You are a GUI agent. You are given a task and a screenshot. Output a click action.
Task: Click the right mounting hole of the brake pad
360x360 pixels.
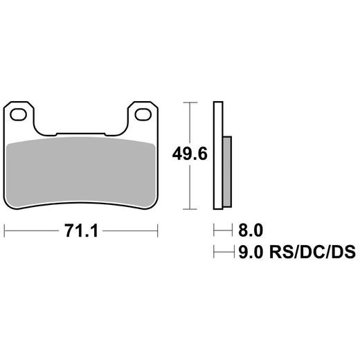[145, 112]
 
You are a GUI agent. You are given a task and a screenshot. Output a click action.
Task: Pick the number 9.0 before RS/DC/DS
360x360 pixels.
[251, 253]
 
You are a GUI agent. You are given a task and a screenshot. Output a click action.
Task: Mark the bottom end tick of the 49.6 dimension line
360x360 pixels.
[190, 208]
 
